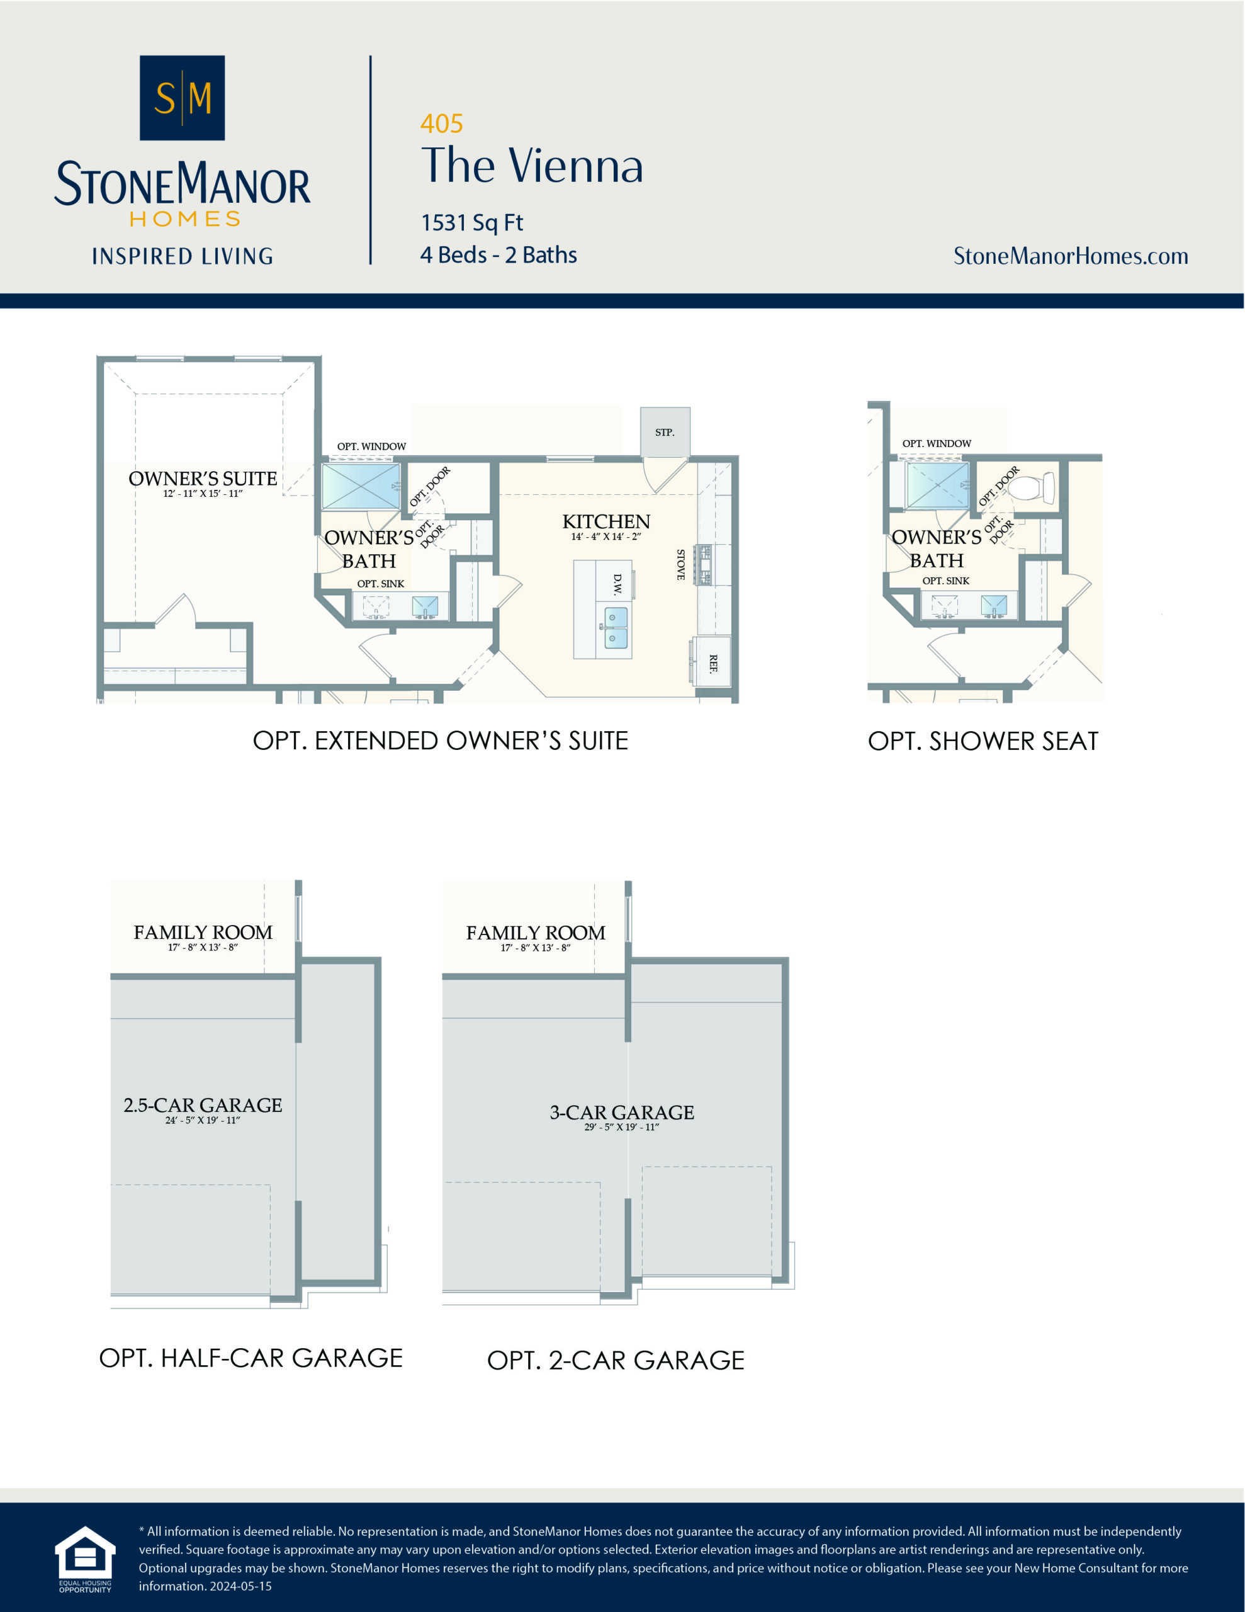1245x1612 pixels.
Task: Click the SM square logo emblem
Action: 183,98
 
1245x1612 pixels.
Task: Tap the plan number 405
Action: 441,123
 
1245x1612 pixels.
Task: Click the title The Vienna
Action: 531,166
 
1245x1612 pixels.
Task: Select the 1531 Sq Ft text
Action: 471,222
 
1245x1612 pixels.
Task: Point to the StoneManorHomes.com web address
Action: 1070,256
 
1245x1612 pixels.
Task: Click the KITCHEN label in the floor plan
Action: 606,522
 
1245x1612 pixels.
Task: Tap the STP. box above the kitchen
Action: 664,432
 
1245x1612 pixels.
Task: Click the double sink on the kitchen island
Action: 616,627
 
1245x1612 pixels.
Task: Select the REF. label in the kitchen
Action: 713,663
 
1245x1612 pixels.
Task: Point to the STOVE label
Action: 680,565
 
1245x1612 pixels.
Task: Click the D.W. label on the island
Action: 617,584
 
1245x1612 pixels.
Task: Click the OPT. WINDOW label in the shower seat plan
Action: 936,443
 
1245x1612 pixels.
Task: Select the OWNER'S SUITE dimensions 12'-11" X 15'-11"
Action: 202,494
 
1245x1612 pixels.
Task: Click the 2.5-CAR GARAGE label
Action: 202,1105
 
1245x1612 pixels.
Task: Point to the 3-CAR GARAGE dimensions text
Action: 621,1127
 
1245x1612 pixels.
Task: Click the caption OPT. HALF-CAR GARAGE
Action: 251,1358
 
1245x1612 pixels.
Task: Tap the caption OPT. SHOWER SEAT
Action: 983,741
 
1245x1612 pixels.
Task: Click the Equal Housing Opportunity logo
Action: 85,1559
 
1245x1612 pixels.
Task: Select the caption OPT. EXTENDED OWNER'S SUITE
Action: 440,741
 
